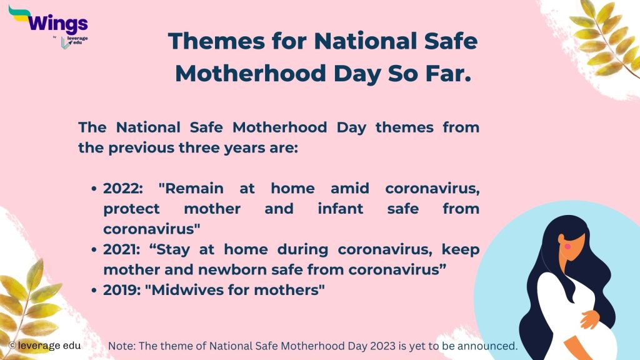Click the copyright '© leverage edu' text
coord(46,345)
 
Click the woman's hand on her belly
coord(589,319)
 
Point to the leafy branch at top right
coord(602,37)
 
